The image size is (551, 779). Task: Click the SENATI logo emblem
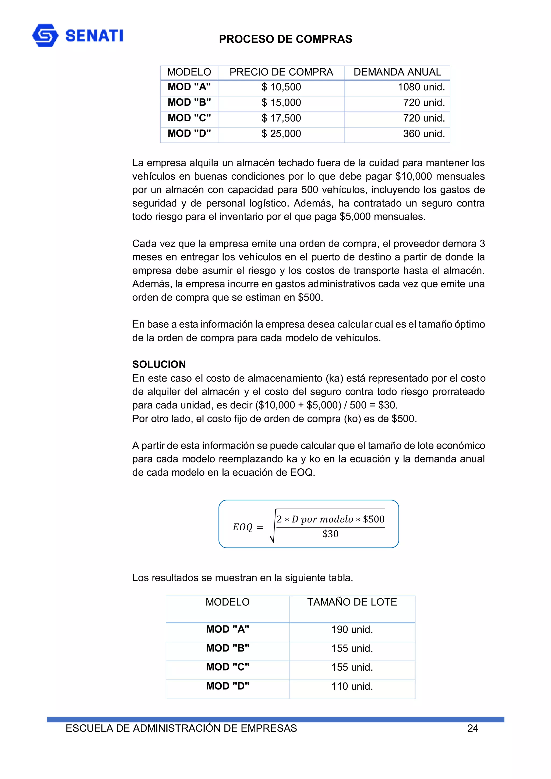(x=45, y=35)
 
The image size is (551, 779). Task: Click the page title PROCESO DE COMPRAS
(x=285, y=39)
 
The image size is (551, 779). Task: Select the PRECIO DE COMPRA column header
(x=281, y=72)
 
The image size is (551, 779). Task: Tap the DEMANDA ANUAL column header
(x=397, y=72)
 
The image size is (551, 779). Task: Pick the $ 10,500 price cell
(x=281, y=87)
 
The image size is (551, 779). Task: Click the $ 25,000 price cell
(x=281, y=134)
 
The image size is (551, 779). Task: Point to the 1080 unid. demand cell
(x=421, y=87)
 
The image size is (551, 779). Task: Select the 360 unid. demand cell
(x=424, y=134)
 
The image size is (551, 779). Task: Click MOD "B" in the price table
(x=189, y=102)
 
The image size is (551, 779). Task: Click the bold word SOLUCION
(x=159, y=364)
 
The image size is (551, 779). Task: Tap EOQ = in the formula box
(x=248, y=527)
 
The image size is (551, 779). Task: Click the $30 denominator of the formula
(x=330, y=534)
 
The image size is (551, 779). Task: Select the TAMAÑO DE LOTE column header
(x=352, y=602)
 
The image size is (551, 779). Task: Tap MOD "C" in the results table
(x=227, y=667)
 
